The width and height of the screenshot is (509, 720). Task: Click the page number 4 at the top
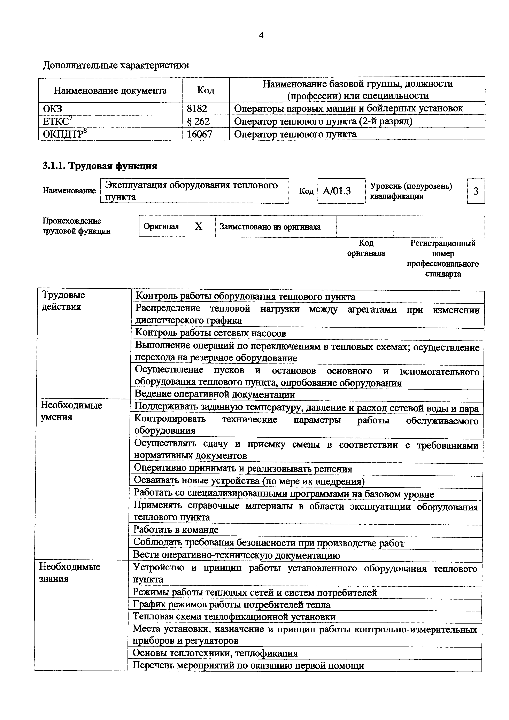point(261,35)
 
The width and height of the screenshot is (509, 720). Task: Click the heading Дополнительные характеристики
point(116,65)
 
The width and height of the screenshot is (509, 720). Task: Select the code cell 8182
point(197,109)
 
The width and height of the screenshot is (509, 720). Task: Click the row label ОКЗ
point(53,109)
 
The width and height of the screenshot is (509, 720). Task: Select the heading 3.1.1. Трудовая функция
point(100,166)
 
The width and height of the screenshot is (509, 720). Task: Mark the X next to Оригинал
point(199,226)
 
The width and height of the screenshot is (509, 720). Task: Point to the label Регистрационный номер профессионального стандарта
point(443,258)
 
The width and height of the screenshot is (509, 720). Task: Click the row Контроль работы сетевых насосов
point(210,333)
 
